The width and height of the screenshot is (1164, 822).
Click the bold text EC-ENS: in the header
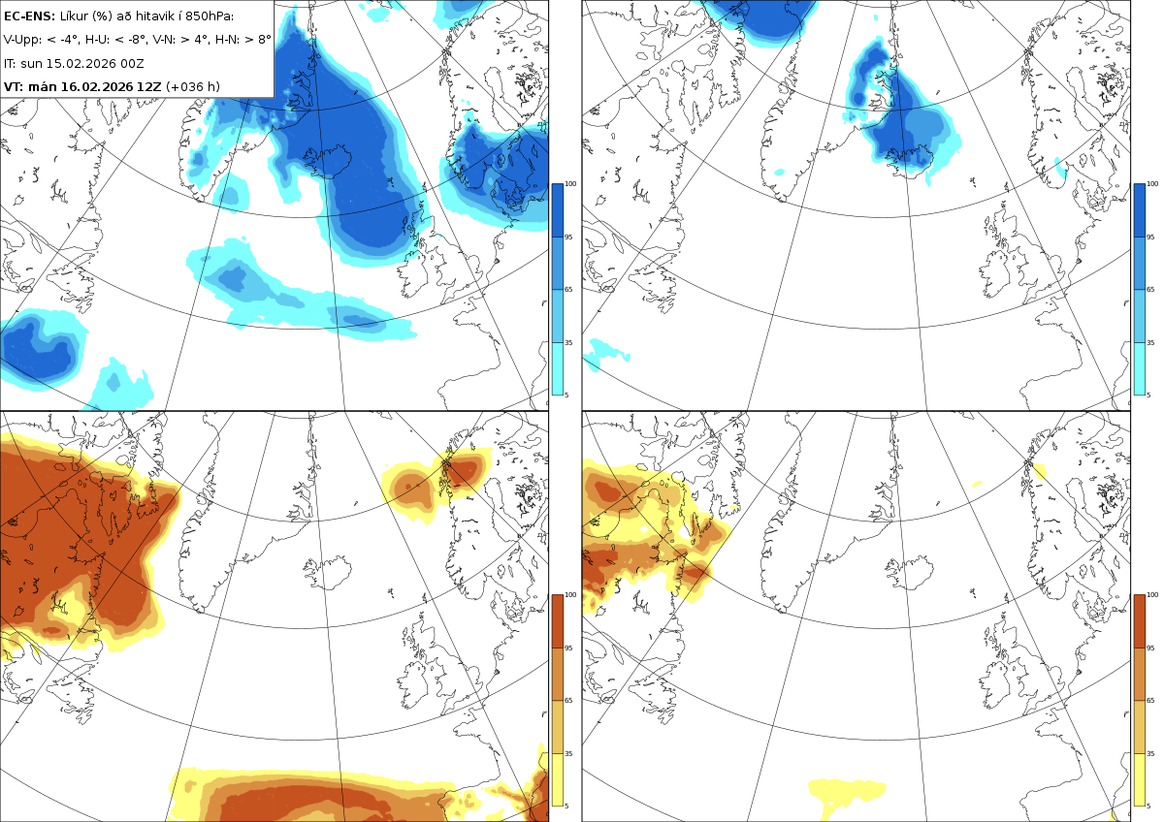(x=29, y=16)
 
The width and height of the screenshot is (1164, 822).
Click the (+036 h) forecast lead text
(x=193, y=86)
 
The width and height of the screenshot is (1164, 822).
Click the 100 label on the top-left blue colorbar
(x=570, y=184)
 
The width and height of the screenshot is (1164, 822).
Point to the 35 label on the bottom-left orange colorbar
(x=568, y=753)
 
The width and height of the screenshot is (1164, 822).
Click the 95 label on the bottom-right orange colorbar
(x=1150, y=648)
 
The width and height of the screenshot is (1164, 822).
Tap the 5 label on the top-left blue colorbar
(x=566, y=395)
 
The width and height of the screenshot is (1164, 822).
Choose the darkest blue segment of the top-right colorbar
(x=1139, y=210)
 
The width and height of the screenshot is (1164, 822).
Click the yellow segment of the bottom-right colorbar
(x=1139, y=779)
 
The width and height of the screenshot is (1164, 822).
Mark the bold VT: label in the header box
(x=14, y=86)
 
